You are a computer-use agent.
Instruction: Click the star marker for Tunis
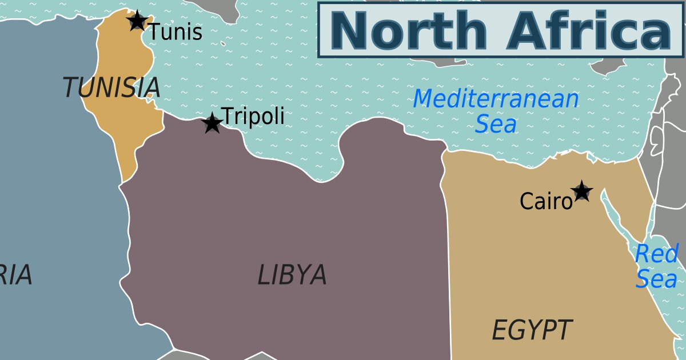pyautogui.click(x=137, y=21)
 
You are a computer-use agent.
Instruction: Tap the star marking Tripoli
pyautogui.click(x=213, y=123)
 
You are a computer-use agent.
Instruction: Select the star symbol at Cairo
pyautogui.click(x=582, y=191)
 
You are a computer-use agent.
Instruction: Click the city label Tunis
pyautogui.click(x=176, y=32)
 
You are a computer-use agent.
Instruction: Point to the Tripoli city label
pyautogui.click(x=253, y=116)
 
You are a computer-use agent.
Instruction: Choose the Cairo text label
pyautogui.click(x=545, y=201)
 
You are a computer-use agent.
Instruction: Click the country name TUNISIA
pyautogui.click(x=111, y=87)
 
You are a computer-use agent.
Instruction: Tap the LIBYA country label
pyautogui.click(x=292, y=275)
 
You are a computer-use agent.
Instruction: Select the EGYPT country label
pyautogui.click(x=532, y=330)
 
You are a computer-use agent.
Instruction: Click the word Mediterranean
pyautogui.click(x=496, y=99)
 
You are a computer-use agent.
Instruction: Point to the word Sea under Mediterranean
pyautogui.click(x=496, y=124)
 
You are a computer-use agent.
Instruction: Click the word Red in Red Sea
pyautogui.click(x=657, y=254)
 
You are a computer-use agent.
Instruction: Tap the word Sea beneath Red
pyautogui.click(x=656, y=280)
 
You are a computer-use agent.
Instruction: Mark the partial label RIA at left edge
pyautogui.click(x=15, y=275)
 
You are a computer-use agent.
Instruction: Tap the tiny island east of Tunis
pyautogui.click(x=222, y=42)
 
